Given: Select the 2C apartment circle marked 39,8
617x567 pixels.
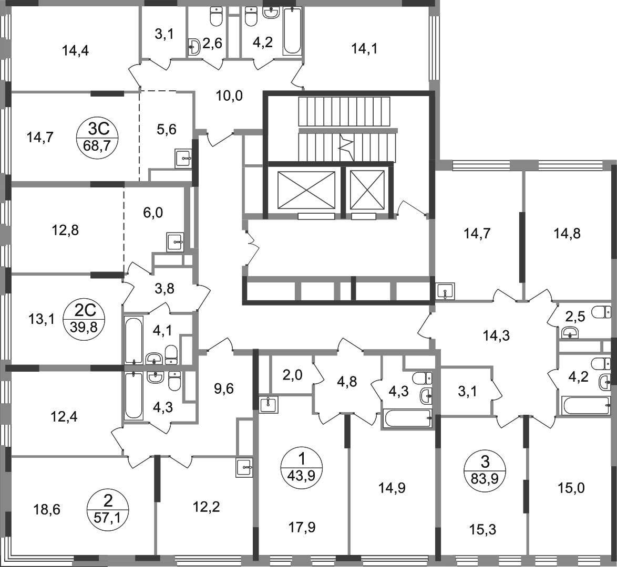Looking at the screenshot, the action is point(84,319).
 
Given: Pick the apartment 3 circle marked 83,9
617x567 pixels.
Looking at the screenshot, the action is point(485,469).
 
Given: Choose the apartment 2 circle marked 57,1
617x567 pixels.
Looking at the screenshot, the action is point(107,509).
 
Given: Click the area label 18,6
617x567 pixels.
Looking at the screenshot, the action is point(46,510).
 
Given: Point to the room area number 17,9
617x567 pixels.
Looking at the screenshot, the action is point(302,527).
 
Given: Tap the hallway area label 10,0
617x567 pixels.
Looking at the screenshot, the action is point(230,95).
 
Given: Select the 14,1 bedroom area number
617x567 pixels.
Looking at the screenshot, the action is point(364,49).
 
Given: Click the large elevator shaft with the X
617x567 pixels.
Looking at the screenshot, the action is point(306,190).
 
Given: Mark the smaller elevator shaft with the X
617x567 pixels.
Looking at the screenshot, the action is point(367,190).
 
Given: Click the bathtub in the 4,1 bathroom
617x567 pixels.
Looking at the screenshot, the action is point(133,340).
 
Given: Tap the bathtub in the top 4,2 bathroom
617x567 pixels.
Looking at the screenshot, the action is point(292,30).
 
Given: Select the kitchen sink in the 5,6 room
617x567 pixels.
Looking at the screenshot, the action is point(183,159).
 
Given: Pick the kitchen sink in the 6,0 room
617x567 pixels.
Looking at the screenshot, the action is point(175,242).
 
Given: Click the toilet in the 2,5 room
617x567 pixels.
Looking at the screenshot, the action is point(601,312).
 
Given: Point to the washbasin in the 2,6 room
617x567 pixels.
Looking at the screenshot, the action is point(194,47).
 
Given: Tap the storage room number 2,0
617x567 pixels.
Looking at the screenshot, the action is point(292,375).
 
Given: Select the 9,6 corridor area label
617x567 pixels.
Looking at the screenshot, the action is point(223,388).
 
